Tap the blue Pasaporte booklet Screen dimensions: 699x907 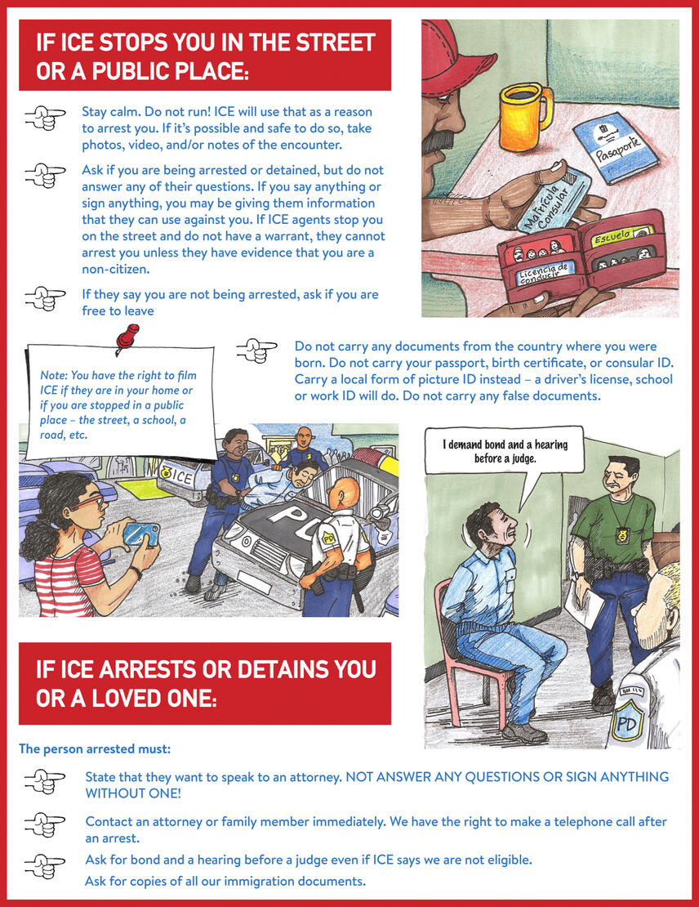coord(615,148)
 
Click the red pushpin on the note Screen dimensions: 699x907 coord(127,337)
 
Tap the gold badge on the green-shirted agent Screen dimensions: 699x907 coord(623,536)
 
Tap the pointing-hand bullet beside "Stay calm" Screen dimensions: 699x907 coord(45,118)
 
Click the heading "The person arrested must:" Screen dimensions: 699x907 coord(95,748)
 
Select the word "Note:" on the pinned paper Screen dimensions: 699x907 coord(54,375)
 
